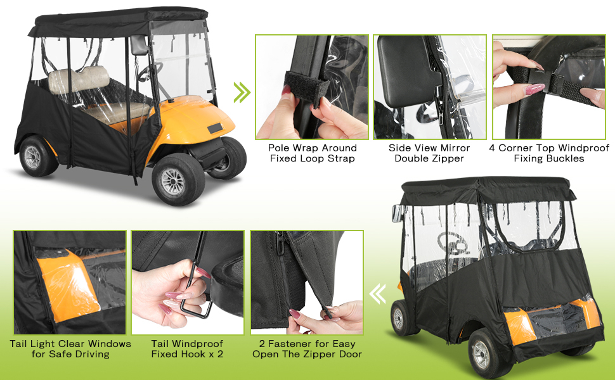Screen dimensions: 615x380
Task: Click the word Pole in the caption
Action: (278, 148)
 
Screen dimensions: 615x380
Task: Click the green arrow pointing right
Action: (242, 92)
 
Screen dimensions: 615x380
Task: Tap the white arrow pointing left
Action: (378, 294)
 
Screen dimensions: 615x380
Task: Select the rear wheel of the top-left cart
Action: (37, 156)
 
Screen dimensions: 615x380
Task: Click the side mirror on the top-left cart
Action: (139, 45)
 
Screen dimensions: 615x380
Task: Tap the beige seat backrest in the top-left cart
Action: (79, 80)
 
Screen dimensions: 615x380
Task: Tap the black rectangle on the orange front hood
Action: (214, 129)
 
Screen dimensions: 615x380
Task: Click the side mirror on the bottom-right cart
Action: (397, 213)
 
